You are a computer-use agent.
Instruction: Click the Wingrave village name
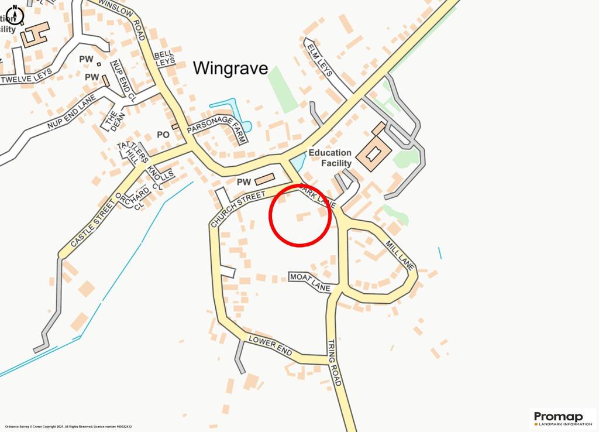tap(230, 68)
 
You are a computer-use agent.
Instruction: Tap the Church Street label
tap(238, 208)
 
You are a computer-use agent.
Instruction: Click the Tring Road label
tap(334, 362)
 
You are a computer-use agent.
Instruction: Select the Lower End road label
tap(270, 346)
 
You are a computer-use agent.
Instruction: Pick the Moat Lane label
tap(310, 282)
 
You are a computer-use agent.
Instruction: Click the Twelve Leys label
tap(27, 76)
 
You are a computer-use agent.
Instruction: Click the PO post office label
tap(163, 135)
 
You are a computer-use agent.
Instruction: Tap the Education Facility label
tap(330, 158)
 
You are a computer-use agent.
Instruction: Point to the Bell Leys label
tap(164, 58)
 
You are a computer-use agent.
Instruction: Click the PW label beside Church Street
tap(244, 182)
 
